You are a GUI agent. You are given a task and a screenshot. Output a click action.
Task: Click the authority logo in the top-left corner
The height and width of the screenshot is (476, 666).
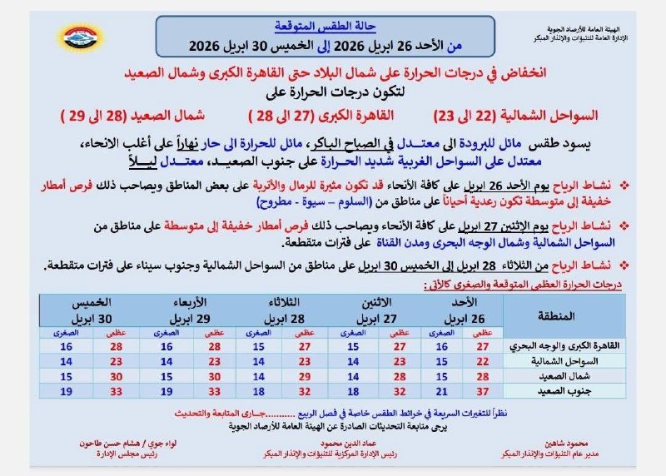[x=80, y=37]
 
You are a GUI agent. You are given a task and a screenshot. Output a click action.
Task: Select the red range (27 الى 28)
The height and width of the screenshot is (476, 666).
[x=279, y=112]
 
